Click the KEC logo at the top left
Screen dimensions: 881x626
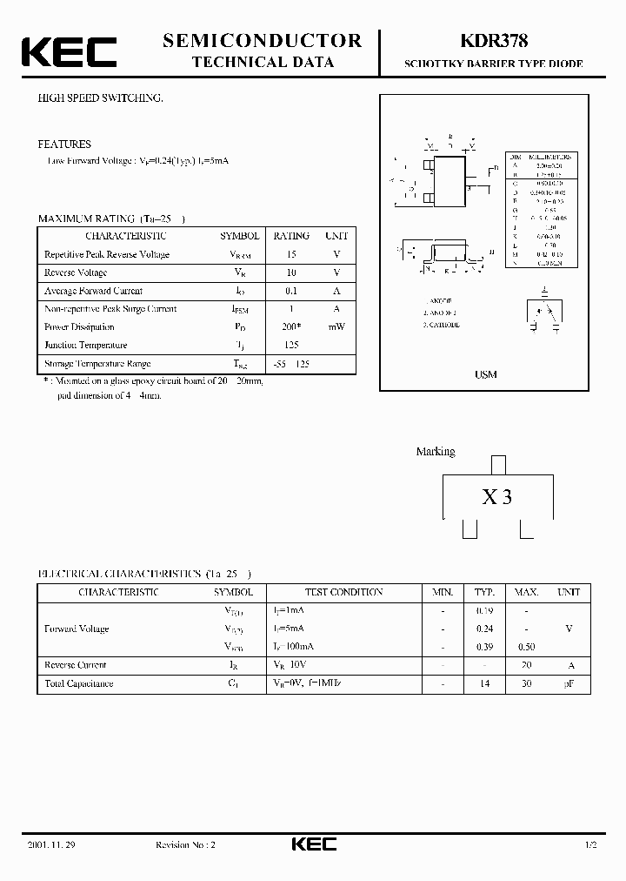pyautogui.click(x=69, y=52)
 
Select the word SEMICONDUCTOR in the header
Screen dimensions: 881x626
pyautogui.click(x=262, y=40)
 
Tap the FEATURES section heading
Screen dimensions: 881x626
pyautogui.click(x=63, y=145)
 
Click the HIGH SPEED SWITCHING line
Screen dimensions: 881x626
pyautogui.click(x=100, y=98)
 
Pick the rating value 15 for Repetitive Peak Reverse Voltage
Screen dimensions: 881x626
pyautogui.click(x=291, y=254)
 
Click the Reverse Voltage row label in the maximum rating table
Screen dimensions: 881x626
pyautogui.click(x=75, y=272)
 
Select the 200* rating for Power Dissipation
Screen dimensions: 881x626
pyautogui.click(x=291, y=327)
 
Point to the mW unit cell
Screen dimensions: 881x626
pyautogui.click(x=336, y=327)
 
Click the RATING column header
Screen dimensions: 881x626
pyautogui.click(x=291, y=236)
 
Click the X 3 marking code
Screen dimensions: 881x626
pyautogui.click(x=497, y=497)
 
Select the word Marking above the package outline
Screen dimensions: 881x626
pyautogui.click(x=435, y=452)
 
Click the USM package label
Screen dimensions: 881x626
pyautogui.click(x=486, y=374)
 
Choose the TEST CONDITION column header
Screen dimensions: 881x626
pyautogui.click(x=343, y=592)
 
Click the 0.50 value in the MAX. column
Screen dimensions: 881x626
pyautogui.click(x=527, y=647)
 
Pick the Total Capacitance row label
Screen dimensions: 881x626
pyautogui.click(x=78, y=683)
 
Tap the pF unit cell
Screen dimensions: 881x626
pyautogui.click(x=569, y=684)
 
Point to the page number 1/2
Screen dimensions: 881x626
pyautogui.click(x=591, y=845)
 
